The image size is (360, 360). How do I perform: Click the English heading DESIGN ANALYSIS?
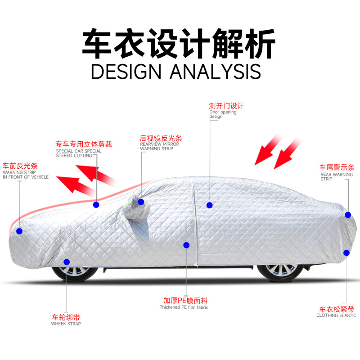pos(176,71)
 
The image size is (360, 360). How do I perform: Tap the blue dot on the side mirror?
pos(141,202)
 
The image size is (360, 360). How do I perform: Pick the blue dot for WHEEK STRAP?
pos(67,261)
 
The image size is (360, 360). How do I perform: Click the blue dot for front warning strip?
pos(19,231)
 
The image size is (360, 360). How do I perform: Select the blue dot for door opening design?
pos(209,205)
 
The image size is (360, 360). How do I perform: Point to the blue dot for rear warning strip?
pos(348,215)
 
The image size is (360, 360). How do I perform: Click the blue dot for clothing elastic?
pos(346,252)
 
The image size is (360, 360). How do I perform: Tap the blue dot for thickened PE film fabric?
pos(186,245)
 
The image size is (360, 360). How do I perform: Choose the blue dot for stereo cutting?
pos(96,205)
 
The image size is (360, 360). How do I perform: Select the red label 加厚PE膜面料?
pos(185,301)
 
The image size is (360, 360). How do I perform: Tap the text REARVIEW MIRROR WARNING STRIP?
pos(159,146)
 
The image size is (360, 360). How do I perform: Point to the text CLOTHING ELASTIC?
pos(335,315)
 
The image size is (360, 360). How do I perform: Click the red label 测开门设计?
pos(226,106)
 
